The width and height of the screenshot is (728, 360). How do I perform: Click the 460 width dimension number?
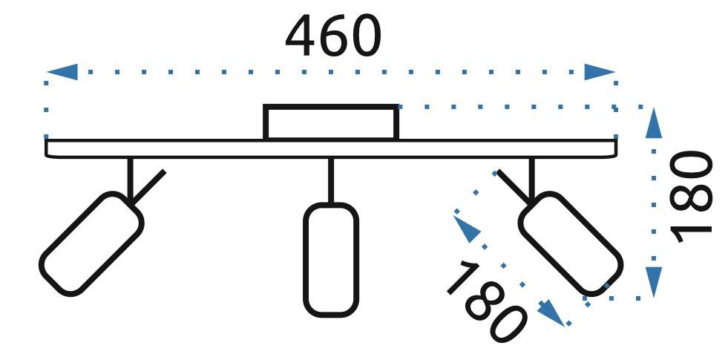coord(333,37)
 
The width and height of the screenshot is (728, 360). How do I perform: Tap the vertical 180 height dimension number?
coord(691,197)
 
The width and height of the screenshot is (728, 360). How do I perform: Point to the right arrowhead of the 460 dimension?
coord(600,72)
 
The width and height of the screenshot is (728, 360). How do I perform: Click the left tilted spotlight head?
coord(91,243)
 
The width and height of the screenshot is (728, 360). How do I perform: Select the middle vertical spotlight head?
coord(331,258)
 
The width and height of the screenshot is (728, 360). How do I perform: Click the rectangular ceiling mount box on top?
coord(331,122)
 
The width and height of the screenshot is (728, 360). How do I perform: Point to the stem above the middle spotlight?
coord(331,180)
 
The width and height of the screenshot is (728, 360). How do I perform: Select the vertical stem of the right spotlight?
coord(531,177)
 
